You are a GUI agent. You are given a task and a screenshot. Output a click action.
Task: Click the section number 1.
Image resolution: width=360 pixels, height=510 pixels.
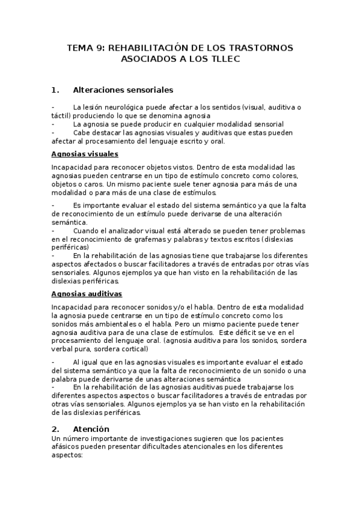[55, 90]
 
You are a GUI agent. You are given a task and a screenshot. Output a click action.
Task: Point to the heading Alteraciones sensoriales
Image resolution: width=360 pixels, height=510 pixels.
[123, 90]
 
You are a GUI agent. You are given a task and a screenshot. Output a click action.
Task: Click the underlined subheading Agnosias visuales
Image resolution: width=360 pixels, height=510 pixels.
[85, 154]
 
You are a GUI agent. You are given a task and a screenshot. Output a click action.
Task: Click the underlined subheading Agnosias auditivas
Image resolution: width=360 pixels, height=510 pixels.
[87, 293]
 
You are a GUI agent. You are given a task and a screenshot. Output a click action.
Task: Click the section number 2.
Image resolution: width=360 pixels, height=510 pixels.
[55, 429]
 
